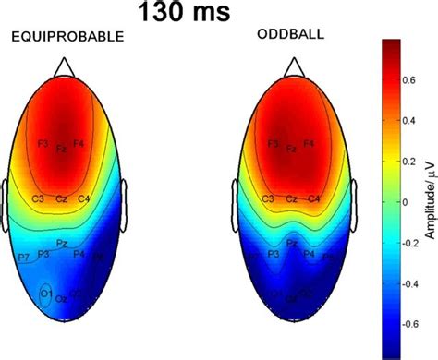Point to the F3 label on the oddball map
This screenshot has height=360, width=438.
coord(273,144)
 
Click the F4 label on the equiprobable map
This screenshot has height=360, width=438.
coord(79,144)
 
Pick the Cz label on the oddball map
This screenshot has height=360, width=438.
coord(291,198)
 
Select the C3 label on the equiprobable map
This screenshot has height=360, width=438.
coord(38,198)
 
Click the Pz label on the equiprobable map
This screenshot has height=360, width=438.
coord(60,245)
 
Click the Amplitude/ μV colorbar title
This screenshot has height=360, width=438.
coord(428,193)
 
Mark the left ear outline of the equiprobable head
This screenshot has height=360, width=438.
coord(6,198)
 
